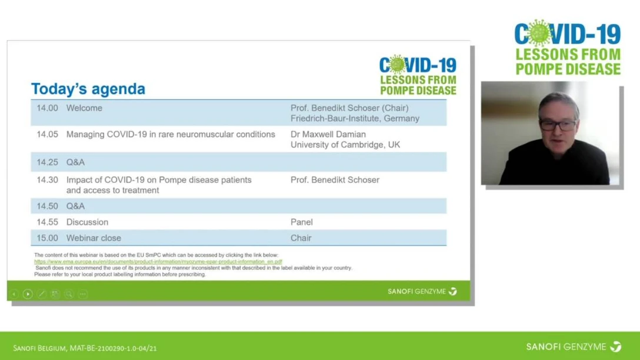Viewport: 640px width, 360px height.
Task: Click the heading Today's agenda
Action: tap(88, 89)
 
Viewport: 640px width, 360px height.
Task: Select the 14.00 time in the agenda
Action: tap(47, 108)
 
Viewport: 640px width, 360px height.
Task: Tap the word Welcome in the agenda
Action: tap(84, 108)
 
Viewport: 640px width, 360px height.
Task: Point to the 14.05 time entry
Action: tap(47, 135)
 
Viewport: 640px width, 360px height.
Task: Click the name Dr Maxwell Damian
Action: tap(328, 135)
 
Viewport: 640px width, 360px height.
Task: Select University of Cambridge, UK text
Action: tap(345, 145)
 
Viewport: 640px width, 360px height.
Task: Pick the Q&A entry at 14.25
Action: tap(75, 162)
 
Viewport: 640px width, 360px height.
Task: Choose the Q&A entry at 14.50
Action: tap(75, 206)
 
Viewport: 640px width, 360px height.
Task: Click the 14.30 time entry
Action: tap(47, 180)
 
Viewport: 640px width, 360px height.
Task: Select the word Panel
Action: tap(301, 222)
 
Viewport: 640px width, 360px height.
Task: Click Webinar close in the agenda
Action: tap(94, 238)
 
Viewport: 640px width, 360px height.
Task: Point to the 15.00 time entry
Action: tap(47, 238)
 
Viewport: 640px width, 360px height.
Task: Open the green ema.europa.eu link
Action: tap(158, 262)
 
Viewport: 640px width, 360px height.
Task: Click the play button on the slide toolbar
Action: tap(28, 294)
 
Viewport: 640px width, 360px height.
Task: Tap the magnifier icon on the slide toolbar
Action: tap(69, 294)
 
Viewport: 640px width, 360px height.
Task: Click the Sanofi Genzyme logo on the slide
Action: tap(422, 291)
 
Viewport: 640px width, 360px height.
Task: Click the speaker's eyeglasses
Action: tap(558, 125)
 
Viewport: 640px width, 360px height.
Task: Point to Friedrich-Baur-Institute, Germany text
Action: tap(355, 118)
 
